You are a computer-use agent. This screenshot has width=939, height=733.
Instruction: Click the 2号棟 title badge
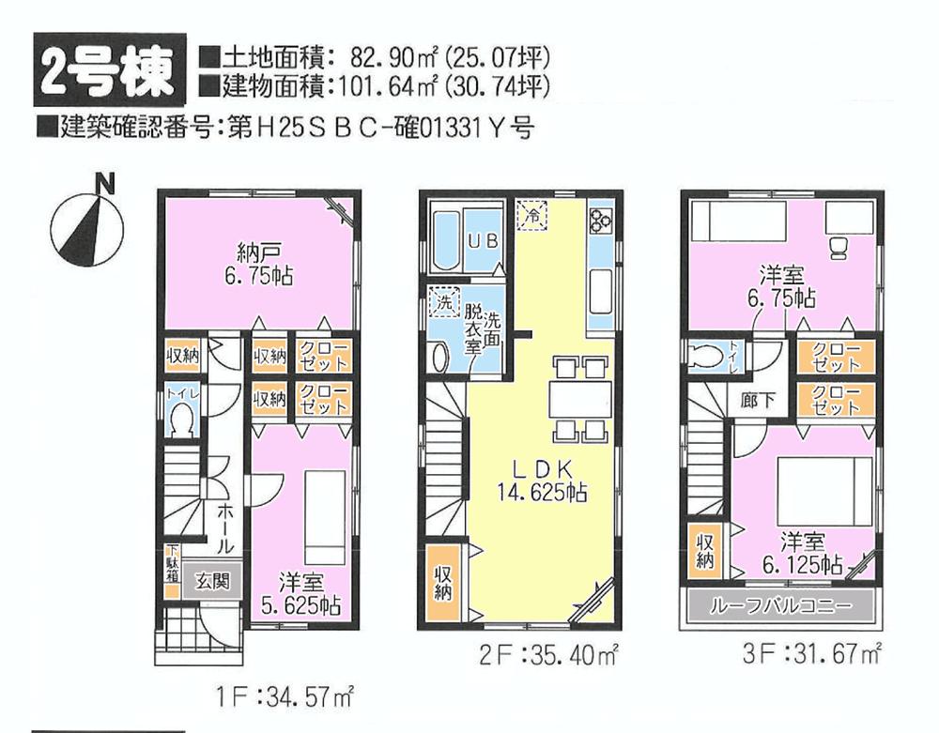104,73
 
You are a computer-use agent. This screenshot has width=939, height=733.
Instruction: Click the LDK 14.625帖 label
543,480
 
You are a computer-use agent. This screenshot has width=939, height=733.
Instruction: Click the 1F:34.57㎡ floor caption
282,695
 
